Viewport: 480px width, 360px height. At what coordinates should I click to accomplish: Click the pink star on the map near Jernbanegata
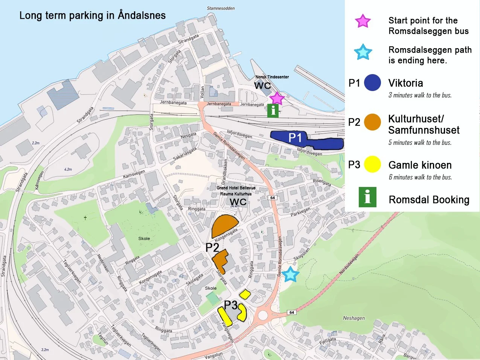click(x=277, y=98)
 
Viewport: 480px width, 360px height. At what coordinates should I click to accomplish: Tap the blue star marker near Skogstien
click(x=291, y=274)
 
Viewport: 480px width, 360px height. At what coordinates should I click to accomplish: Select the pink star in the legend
click(x=363, y=21)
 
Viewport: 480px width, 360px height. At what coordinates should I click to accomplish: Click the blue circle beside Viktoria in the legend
click(x=373, y=83)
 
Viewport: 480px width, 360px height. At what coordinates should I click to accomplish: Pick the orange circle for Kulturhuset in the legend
click(x=373, y=122)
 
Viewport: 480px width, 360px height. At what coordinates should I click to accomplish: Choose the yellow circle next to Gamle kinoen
click(x=373, y=165)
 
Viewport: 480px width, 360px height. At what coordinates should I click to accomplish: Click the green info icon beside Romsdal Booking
click(x=367, y=197)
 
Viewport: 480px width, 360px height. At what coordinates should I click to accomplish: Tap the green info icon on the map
click(x=273, y=111)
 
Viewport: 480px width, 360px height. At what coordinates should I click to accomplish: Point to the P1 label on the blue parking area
click(x=295, y=138)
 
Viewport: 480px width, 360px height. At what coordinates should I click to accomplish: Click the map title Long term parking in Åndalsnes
click(x=93, y=15)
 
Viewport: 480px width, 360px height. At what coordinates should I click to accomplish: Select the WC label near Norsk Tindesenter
click(x=262, y=86)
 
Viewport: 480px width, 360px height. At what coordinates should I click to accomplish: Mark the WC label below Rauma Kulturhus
click(x=238, y=202)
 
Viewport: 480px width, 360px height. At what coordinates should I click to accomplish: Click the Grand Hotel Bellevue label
click(x=236, y=188)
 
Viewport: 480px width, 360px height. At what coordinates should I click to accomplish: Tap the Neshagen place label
click(x=354, y=318)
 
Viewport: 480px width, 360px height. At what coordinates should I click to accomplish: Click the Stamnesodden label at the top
click(x=221, y=8)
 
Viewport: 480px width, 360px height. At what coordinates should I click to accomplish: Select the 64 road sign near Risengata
click(x=273, y=197)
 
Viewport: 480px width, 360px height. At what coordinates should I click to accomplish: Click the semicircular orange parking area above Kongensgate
click(x=225, y=226)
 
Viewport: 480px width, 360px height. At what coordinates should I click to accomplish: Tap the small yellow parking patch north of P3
click(x=245, y=294)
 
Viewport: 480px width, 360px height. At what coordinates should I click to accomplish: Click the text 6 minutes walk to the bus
click(x=420, y=177)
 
